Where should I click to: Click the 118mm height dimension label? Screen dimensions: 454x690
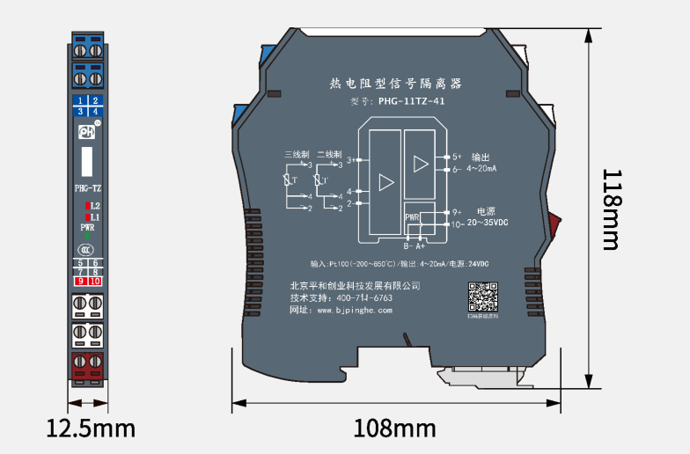tap(616, 209)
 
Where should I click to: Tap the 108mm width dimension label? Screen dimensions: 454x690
tap(395, 428)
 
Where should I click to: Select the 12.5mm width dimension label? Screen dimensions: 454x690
tap(91, 428)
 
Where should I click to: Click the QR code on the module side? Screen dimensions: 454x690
tap(481, 297)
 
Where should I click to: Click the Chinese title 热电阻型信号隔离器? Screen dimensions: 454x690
tap(395, 84)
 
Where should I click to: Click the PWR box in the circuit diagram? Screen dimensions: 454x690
tap(412, 216)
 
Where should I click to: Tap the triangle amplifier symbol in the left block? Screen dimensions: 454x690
tap(385, 182)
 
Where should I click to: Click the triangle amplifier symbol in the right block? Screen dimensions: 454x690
tap(421, 164)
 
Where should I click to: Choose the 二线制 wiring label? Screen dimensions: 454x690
tap(328, 154)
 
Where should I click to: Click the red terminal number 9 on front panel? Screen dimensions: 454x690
tap(80, 281)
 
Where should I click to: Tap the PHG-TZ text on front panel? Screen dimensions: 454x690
tap(87, 187)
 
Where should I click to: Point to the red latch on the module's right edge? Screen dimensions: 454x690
tap(554, 223)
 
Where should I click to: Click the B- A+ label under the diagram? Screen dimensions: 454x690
tap(415, 246)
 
